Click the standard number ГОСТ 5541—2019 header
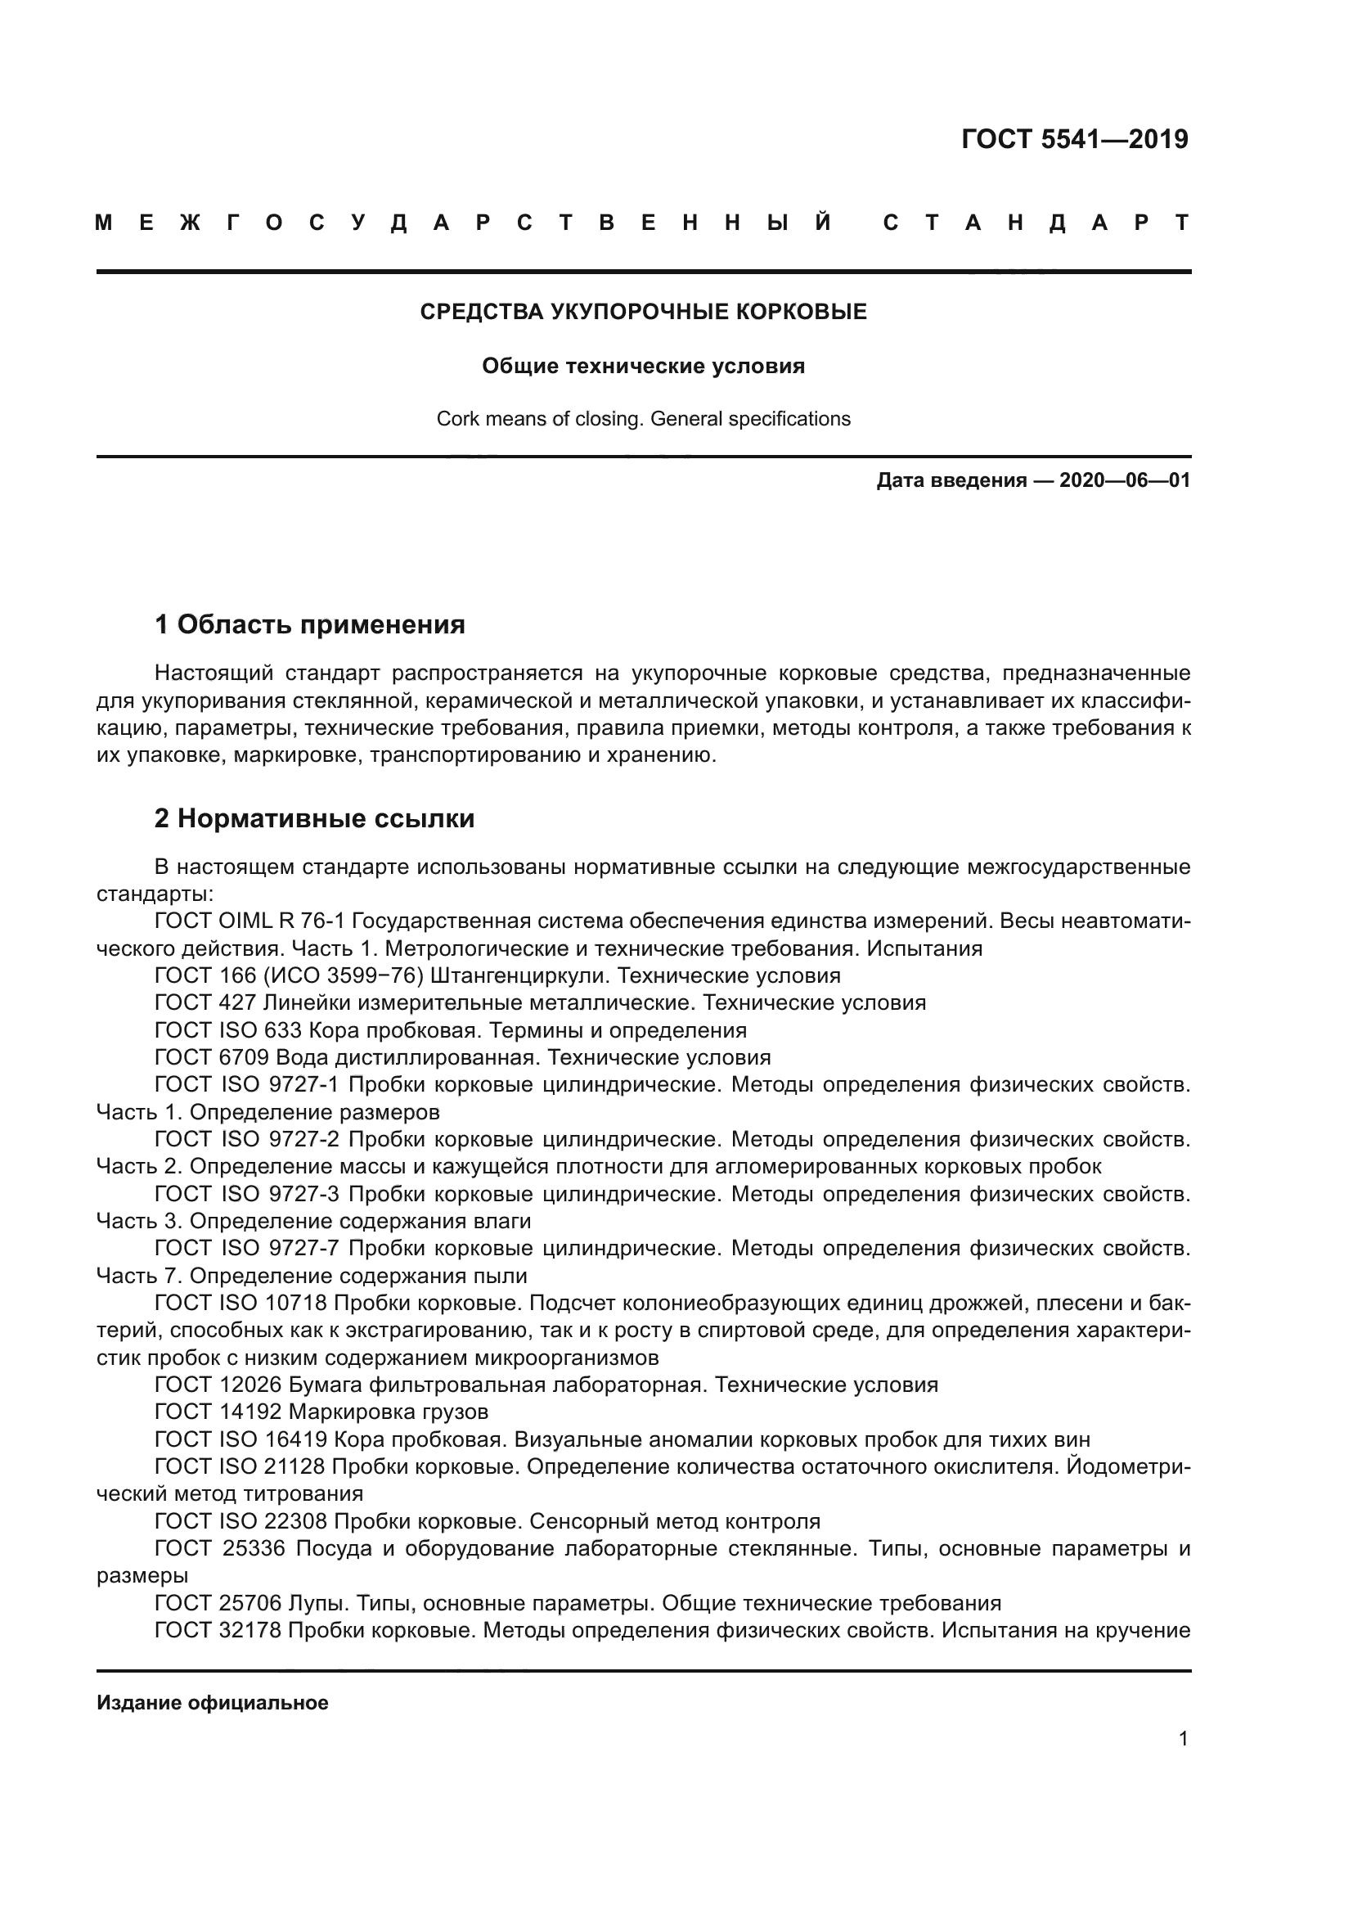[x=1074, y=139]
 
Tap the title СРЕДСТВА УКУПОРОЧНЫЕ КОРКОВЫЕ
[x=643, y=312]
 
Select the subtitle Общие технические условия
[x=643, y=366]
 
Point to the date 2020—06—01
[x=1124, y=480]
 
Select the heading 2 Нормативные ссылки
[x=314, y=818]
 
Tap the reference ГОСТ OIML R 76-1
[x=250, y=921]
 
